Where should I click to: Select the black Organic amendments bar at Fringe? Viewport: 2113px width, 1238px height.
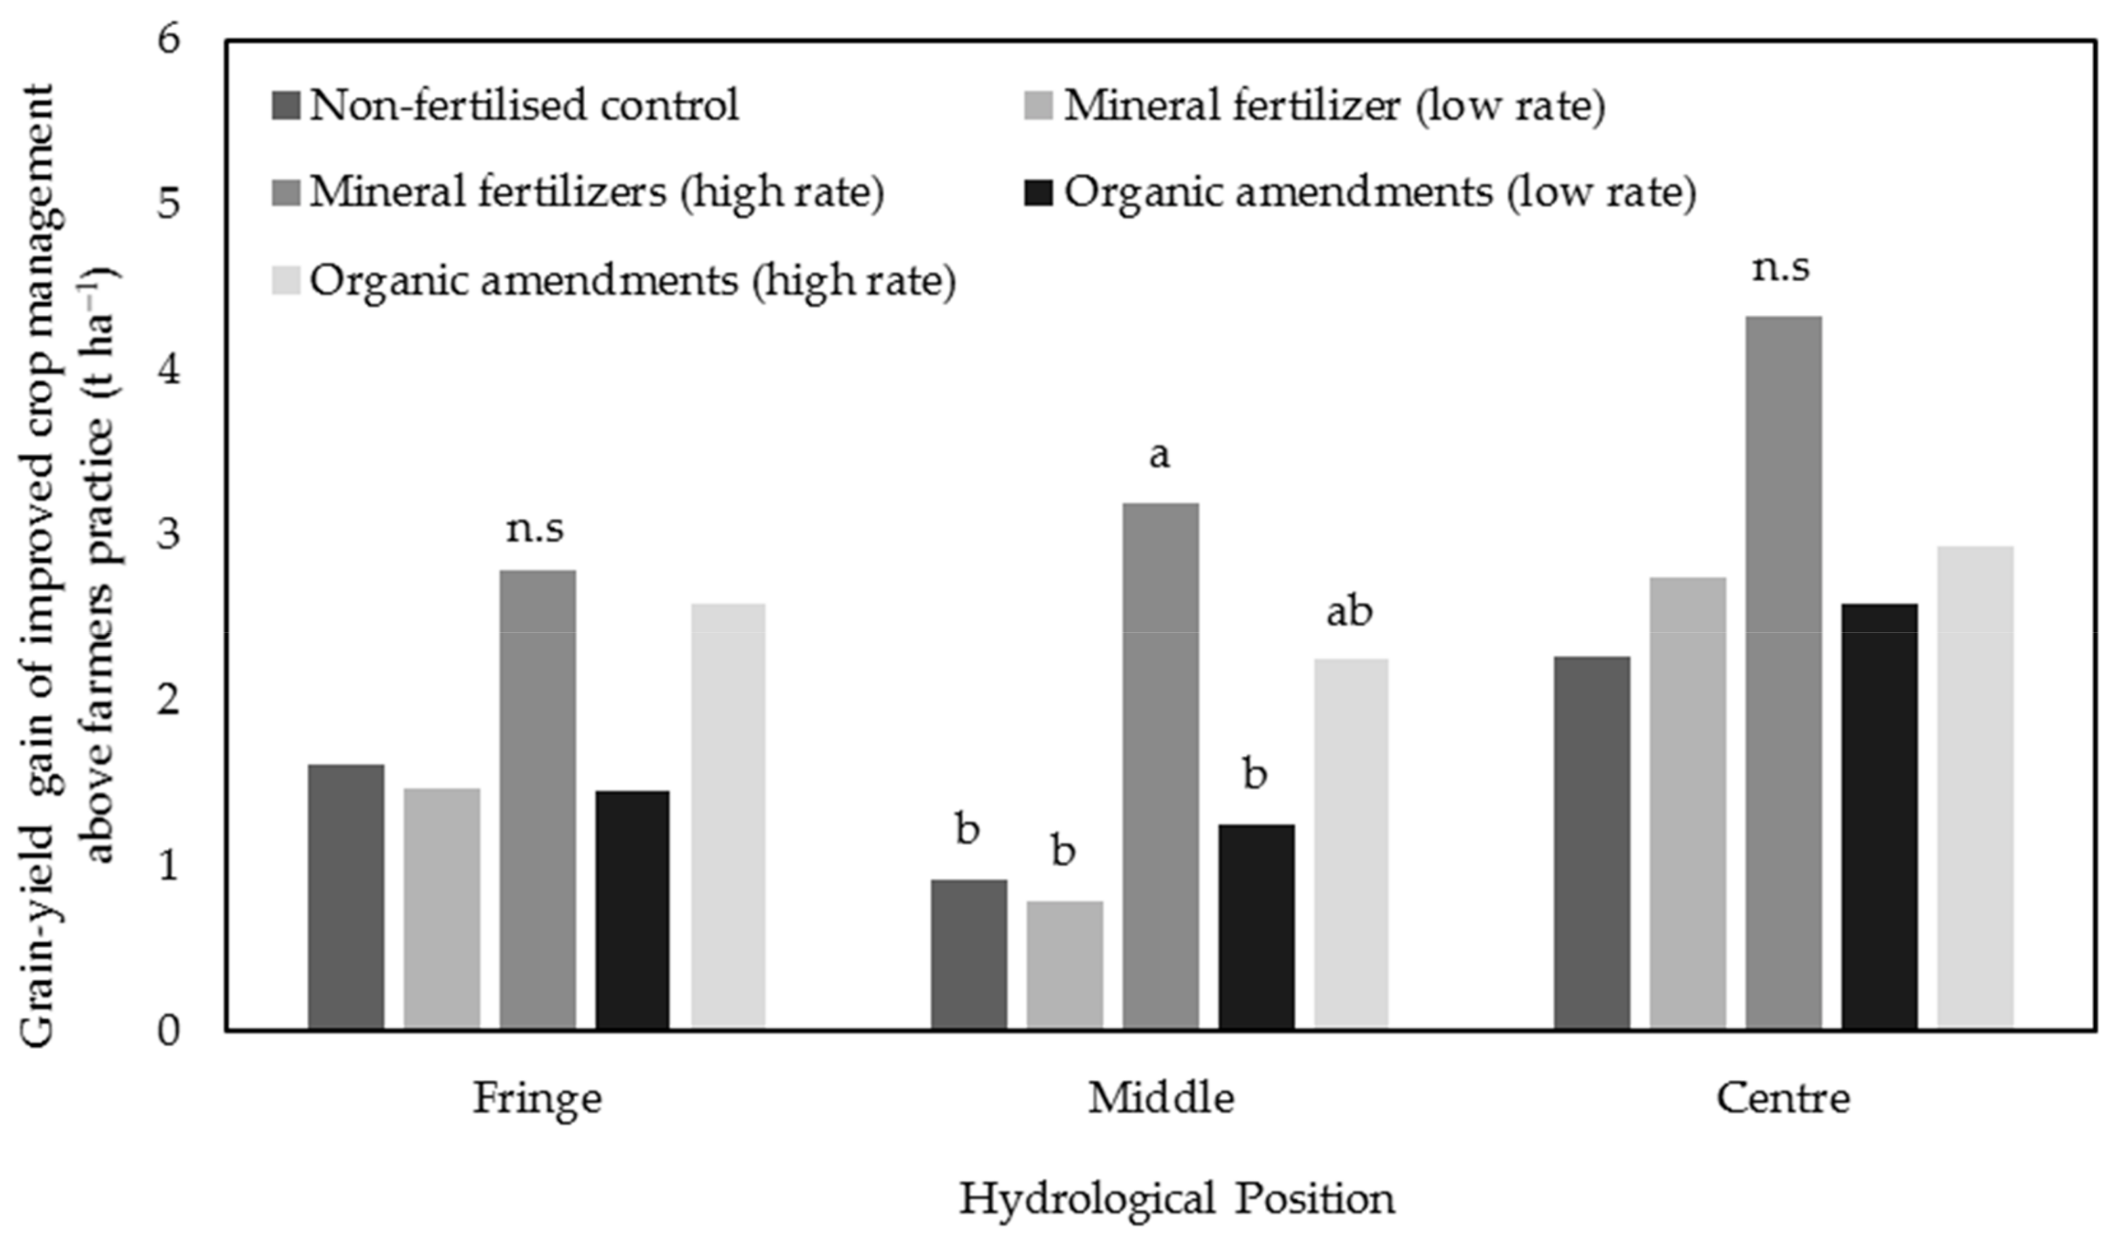coord(633,909)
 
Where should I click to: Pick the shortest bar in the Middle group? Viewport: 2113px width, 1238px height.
coord(1064,964)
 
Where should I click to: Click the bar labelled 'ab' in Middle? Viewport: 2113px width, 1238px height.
coord(1351,843)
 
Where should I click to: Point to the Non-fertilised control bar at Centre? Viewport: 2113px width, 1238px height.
coord(1592,842)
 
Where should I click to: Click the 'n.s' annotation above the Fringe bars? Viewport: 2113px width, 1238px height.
coord(535,529)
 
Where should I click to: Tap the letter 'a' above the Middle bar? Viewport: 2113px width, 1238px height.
coord(1159,455)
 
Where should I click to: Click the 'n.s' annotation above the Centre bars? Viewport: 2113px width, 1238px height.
coord(1781,268)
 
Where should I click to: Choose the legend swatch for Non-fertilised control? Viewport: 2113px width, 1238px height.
coord(286,106)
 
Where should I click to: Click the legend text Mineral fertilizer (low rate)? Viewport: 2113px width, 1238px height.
coord(1333,106)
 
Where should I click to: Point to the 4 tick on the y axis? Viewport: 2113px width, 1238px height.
coord(169,370)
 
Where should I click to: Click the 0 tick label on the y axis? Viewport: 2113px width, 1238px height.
coord(169,1031)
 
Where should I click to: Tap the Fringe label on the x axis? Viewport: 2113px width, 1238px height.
coord(536,1098)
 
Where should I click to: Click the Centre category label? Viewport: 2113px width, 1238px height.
coord(1783,1098)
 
